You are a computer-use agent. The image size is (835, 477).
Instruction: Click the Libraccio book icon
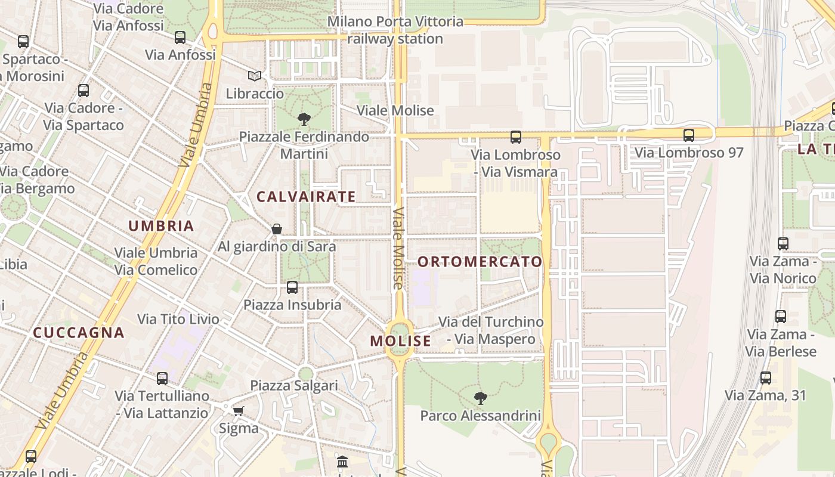click(255, 76)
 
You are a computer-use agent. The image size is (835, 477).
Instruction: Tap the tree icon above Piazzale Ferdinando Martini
click(304, 119)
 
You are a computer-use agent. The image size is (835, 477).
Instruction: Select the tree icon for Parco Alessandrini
click(480, 398)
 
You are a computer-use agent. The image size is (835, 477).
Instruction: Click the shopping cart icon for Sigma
click(239, 411)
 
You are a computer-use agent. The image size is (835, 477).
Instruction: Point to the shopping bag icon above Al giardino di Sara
click(277, 229)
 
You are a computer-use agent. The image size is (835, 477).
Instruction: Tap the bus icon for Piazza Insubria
click(292, 287)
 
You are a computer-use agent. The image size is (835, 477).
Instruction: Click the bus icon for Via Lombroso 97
click(689, 135)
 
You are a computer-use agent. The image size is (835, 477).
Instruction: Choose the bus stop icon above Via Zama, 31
click(766, 378)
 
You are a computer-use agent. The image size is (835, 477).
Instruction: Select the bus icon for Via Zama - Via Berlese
click(781, 317)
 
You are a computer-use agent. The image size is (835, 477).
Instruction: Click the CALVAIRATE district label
click(306, 197)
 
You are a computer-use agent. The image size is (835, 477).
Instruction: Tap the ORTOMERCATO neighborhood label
click(480, 262)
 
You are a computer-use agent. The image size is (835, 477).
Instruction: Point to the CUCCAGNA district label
click(79, 333)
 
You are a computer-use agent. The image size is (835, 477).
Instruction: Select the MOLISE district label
click(400, 341)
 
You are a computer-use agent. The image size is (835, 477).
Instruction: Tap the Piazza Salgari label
click(294, 386)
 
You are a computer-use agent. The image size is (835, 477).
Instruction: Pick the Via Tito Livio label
click(179, 319)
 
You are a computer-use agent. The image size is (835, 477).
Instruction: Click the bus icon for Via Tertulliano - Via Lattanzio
click(162, 379)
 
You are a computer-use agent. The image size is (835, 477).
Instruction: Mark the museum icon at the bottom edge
click(342, 462)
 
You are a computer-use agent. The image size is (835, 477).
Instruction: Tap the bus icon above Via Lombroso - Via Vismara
click(516, 138)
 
